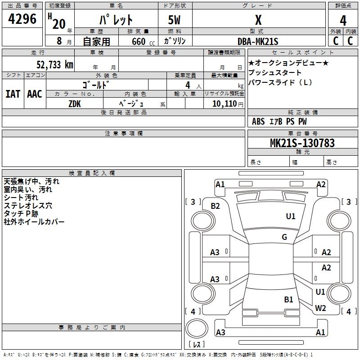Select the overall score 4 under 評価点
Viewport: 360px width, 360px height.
click(x=343, y=20)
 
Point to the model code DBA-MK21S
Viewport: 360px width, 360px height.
click(x=258, y=41)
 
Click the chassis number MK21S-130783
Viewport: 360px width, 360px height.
click(x=302, y=143)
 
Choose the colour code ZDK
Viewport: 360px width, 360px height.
click(x=75, y=103)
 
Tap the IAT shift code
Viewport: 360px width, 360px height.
click(x=12, y=94)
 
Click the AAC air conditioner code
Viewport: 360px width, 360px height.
click(x=35, y=94)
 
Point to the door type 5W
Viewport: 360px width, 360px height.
click(x=175, y=20)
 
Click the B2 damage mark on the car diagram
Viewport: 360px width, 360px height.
click(x=216, y=206)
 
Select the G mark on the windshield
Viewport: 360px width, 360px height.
click(x=284, y=237)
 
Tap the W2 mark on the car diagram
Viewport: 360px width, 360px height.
click(x=320, y=308)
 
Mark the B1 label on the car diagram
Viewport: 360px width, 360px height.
click(x=288, y=299)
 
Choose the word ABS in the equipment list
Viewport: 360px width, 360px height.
click(x=258, y=121)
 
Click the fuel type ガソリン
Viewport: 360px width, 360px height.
click(x=175, y=41)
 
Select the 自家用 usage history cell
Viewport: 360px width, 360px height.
click(x=96, y=41)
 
